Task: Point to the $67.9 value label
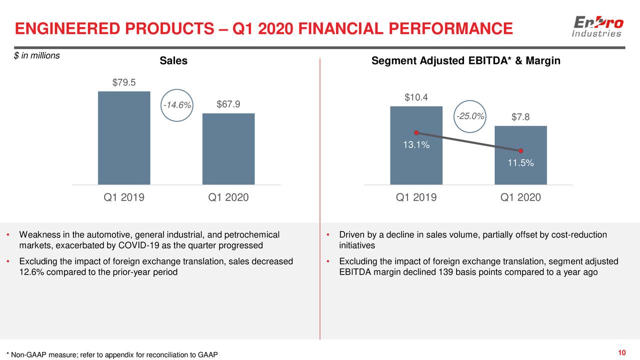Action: [228, 104]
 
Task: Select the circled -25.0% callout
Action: [470, 116]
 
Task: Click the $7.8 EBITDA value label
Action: [520, 117]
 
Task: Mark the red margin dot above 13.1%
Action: [416, 132]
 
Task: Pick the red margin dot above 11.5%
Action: [520, 151]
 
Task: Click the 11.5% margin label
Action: [520, 163]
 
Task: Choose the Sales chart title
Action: [173, 61]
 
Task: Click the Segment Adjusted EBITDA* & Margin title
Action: [466, 61]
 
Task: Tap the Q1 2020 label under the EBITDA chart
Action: [520, 197]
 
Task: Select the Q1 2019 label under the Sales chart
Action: [124, 197]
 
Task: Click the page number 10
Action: [622, 353]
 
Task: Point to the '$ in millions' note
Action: [37, 55]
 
